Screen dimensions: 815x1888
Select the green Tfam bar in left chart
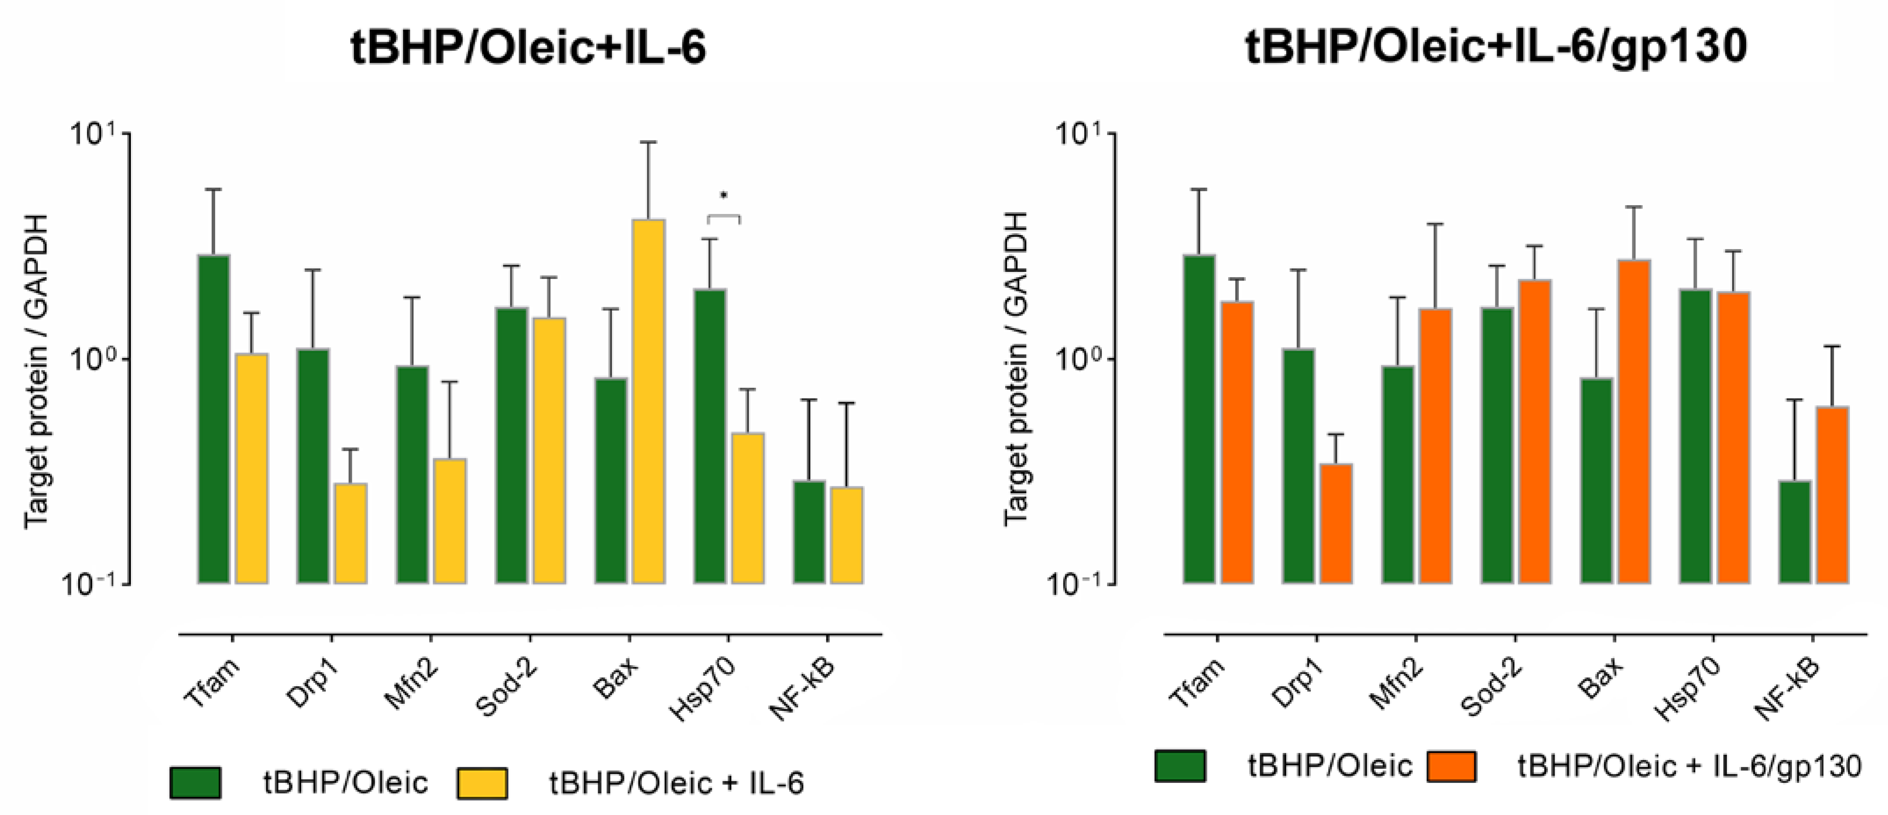coord(214,419)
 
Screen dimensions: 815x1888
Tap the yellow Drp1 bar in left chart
coord(351,533)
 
